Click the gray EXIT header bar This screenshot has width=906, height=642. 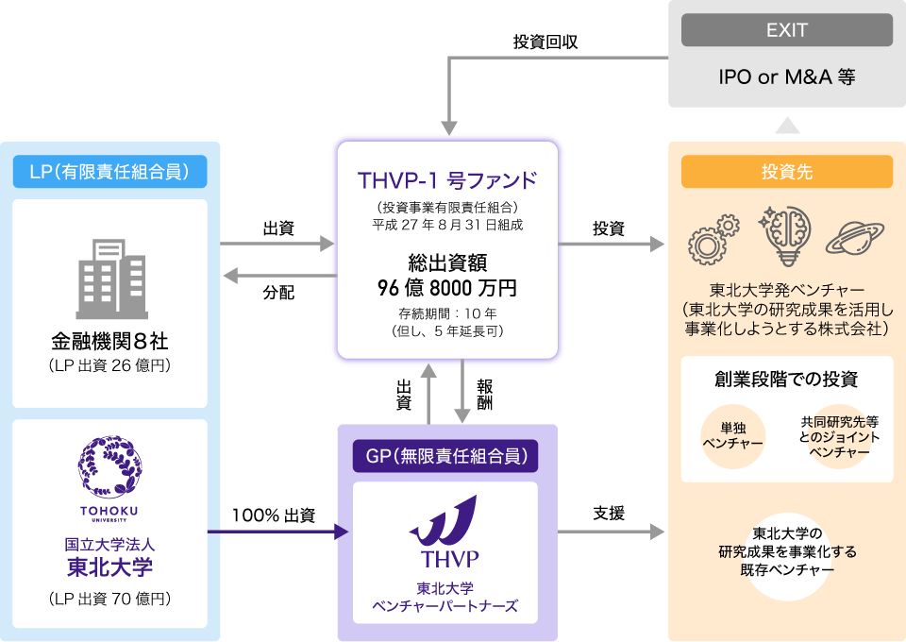(786, 30)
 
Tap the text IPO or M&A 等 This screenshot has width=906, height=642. (786, 76)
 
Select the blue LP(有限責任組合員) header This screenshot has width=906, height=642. (109, 172)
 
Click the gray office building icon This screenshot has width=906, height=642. (111, 279)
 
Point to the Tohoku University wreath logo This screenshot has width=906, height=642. (109, 467)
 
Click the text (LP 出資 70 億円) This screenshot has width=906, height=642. (109, 599)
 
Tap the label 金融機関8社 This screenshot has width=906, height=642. (109, 341)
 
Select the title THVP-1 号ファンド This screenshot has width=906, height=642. (447, 180)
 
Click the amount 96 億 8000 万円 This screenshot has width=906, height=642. (447, 287)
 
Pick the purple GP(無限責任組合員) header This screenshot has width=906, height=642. (445, 456)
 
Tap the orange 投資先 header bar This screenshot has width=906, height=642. (787, 172)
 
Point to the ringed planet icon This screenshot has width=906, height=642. (855, 238)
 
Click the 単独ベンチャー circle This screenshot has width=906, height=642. (732, 436)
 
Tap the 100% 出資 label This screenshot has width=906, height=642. (274, 515)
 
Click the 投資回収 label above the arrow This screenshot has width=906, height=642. (545, 42)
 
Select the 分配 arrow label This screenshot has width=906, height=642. (278, 293)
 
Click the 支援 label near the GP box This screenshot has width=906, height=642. (609, 514)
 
